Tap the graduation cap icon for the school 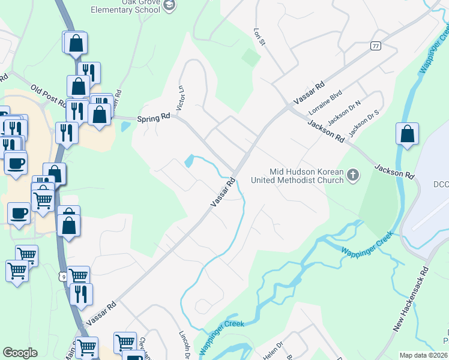click(x=170, y=5)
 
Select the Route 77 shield click(x=376, y=46)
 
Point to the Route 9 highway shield click(x=64, y=276)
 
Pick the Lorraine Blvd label click(x=325, y=103)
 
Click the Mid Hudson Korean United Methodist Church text click(x=306, y=176)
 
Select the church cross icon click(x=353, y=175)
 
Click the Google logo click(x=20, y=353)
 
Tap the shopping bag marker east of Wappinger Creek click(x=407, y=134)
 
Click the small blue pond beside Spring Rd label click(x=125, y=127)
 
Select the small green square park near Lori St click(x=251, y=58)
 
